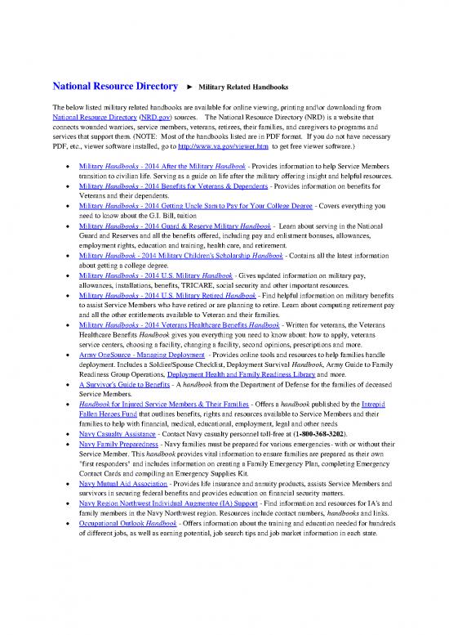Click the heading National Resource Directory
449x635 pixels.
[x=115, y=86]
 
